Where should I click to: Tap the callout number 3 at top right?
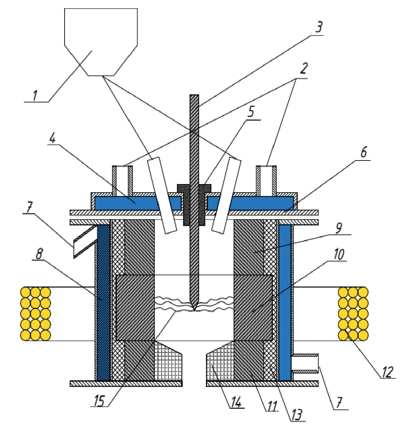click(x=319, y=27)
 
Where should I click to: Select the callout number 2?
click(x=303, y=68)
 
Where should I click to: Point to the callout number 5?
click(x=251, y=112)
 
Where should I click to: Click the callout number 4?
click(x=52, y=137)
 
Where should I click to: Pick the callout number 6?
click(x=363, y=152)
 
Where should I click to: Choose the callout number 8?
click(x=39, y=254)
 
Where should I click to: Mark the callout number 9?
click(x=338, y=228)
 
